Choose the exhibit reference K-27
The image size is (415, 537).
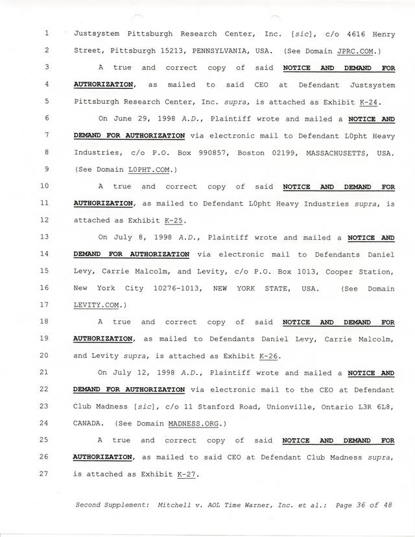pos(186,474)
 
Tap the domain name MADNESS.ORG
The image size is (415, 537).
pos(197,423)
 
